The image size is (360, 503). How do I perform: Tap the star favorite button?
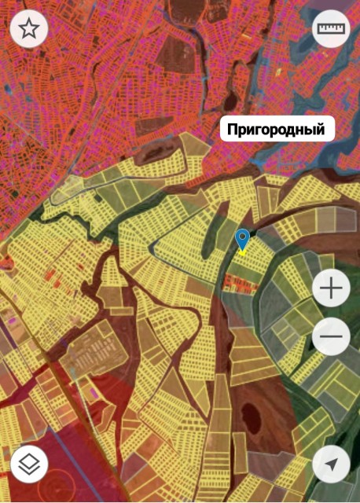29,30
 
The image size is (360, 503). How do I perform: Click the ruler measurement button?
331,30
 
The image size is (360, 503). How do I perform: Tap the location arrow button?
331,465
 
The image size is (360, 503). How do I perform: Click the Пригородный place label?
277,128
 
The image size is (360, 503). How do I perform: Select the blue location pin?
243,240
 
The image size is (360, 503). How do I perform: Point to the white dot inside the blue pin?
243,237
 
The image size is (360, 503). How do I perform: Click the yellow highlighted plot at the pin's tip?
243,253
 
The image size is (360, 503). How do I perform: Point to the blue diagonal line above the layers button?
11,346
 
